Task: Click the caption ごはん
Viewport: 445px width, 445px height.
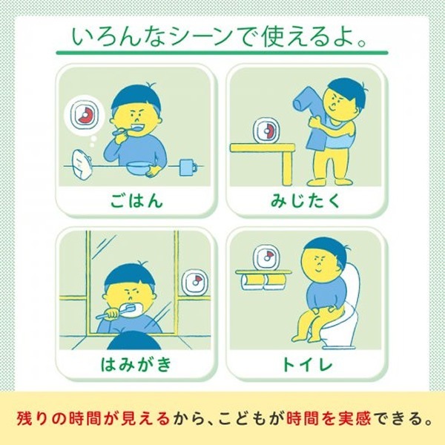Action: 136,200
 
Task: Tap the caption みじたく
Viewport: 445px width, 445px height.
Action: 305,200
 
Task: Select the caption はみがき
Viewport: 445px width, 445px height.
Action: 136,364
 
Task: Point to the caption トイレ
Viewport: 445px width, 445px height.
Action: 307,364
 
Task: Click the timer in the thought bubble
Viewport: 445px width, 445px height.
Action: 85,115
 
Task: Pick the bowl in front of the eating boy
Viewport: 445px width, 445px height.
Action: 138,168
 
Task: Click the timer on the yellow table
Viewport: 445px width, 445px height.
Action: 266,131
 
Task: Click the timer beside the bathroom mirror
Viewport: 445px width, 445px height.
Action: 195,282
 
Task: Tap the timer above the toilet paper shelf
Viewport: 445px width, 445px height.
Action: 266,257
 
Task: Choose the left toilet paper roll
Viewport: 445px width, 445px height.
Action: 252,282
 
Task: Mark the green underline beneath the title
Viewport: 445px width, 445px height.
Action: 222,53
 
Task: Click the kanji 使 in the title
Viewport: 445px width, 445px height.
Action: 274,36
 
